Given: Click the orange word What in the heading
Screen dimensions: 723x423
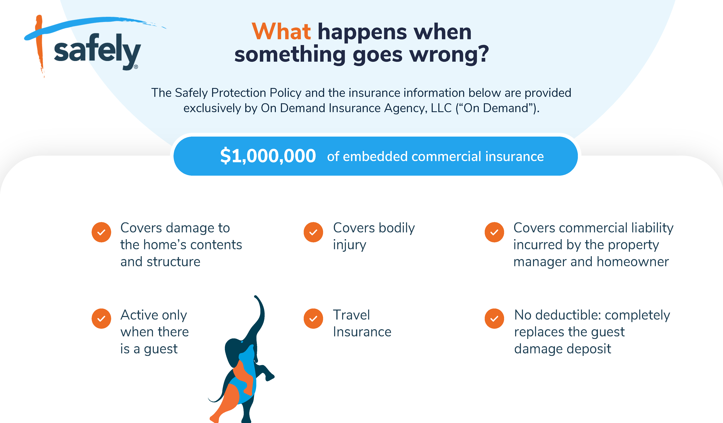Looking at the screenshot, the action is (281, 32).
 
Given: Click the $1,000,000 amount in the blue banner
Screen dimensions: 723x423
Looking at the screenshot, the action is (268, 156).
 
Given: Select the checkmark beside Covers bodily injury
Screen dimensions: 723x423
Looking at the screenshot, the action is (313, 232).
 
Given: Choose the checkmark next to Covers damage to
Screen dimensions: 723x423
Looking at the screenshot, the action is (101, 232).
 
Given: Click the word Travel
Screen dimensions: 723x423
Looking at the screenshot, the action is (351, 315).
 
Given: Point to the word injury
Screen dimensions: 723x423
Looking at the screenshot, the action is (349, 245).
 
